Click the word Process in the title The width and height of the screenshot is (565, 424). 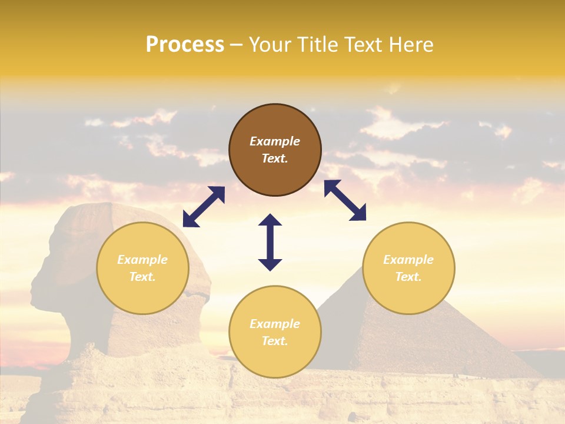(x=185, y=45)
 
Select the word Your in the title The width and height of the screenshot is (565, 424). (x=270, y=45)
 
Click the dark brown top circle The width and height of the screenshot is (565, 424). (x=275, y=150)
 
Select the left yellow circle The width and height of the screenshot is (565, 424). (x=142, y=268)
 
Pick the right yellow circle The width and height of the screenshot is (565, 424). (x=408, y=268)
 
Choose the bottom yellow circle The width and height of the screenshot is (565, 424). (x=275, y=332)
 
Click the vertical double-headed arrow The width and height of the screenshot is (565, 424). (x=270, y=242)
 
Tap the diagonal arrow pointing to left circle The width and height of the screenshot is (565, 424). (x=204, y=207)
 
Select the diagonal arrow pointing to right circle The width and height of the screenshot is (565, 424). (x=345, y=200)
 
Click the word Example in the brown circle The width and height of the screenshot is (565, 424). (x=275, y=141)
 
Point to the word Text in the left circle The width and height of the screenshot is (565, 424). (x=142, y=277)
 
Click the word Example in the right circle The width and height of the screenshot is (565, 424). (x=408, y=260)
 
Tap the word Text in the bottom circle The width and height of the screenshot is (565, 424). (x=274, y=341)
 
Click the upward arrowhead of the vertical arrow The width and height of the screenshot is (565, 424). (x=270, y=220)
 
